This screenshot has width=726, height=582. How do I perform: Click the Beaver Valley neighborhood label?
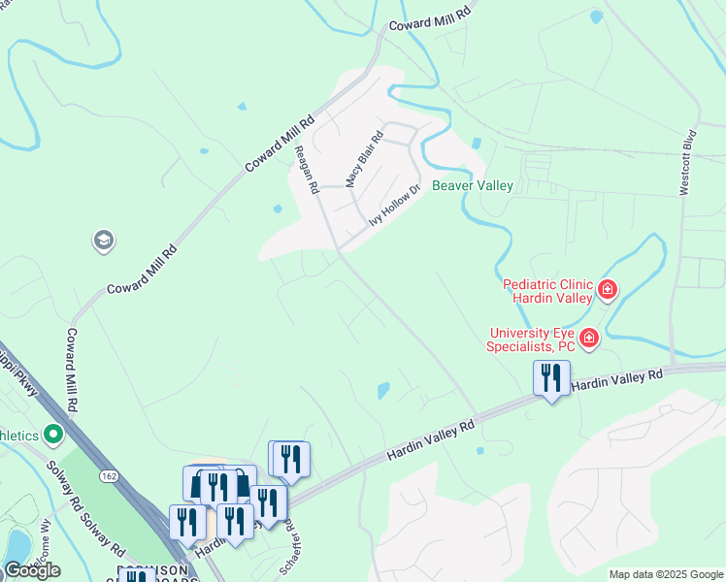(473, 184)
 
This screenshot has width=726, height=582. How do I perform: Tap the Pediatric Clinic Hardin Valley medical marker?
(608, 288)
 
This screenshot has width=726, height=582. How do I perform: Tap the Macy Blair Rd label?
(366, 160)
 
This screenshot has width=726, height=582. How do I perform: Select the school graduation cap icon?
(104, 240)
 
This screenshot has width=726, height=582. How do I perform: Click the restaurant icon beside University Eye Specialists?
(551, 377)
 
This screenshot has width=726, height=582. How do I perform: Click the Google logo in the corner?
(32, 570)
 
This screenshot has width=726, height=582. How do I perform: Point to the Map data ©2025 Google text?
(665, 574)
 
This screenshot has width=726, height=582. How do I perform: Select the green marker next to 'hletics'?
(54, 433)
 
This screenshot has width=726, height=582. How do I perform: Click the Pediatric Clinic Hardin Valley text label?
(547, 291)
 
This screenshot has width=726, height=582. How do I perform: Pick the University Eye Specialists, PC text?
(533, 339)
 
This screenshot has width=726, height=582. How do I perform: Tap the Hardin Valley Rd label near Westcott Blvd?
(616, 379)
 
